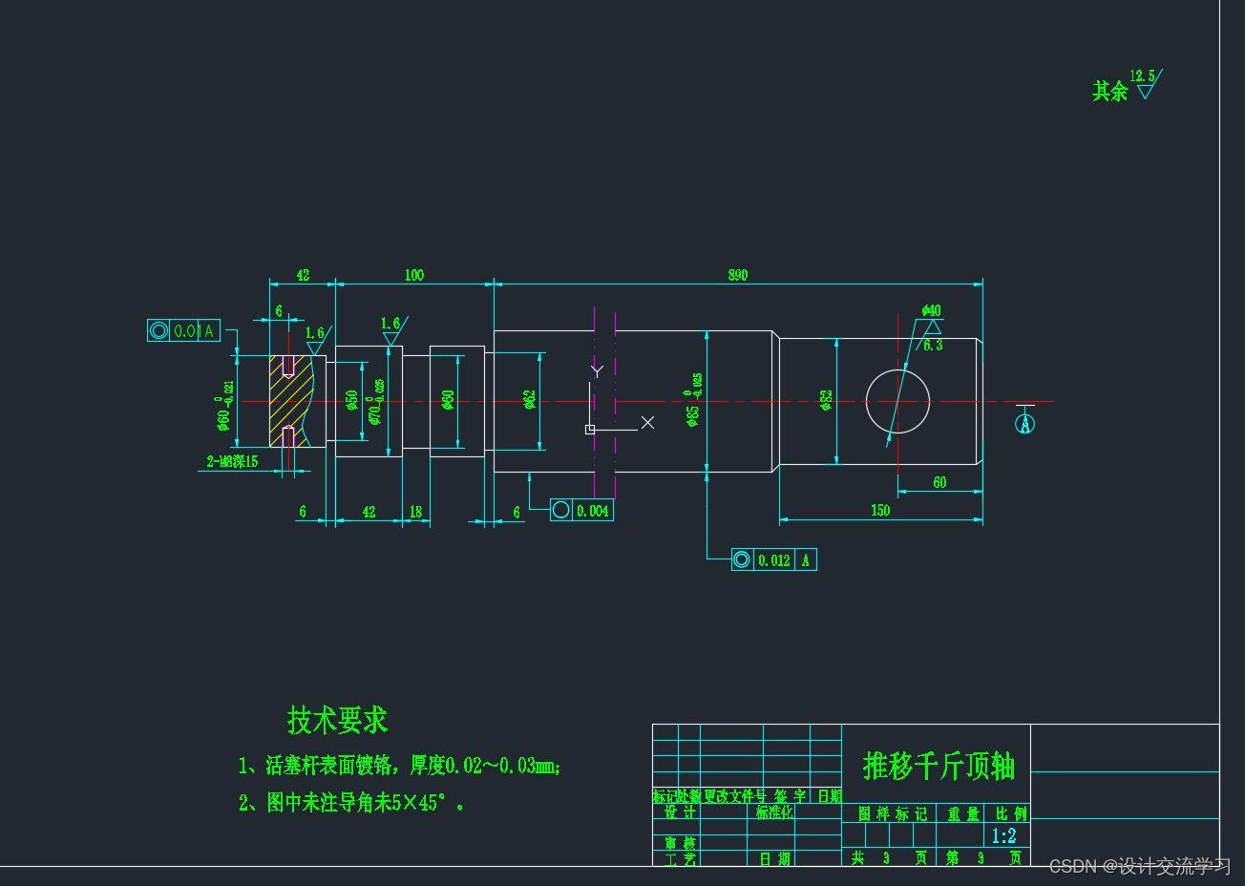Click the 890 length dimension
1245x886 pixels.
click(x=738, y=275)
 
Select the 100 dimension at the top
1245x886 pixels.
click(x=414, y=275)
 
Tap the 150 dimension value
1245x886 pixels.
click(x=880, y=511)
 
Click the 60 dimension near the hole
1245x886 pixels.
click(x=939, y=483)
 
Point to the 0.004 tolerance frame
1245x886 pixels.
click(x=581, y=511)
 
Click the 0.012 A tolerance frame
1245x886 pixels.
click(x=774, y=560)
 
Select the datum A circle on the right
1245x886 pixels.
click(x=1024, y=422)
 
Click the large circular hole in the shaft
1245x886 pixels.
click(x=897, y=402)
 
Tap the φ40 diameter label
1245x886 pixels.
click(x=932, y=310)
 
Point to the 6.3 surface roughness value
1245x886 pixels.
click(x=933, y=345)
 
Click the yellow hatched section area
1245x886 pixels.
click(x=286, y=401)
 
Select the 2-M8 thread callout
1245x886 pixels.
click(x=233, y=461)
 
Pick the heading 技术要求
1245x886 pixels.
click(x=337, y=720)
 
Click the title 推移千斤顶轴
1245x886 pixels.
click(x=939, y=766)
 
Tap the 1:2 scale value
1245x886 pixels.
click(x=1003, y=836)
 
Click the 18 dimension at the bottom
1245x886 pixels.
click(x=415, y=512)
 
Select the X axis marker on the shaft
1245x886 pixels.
click(x=647, y=422)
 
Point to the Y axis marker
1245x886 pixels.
click(x=597, y=370)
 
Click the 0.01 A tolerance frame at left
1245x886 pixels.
click(x=184, y=331)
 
